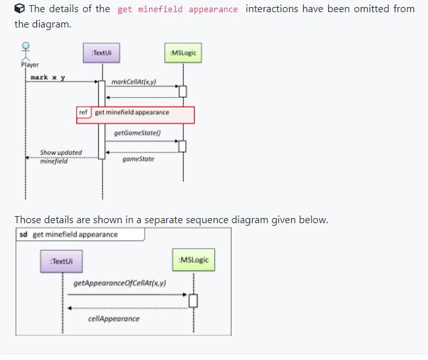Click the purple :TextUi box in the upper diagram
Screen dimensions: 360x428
pyautogui.click(x=102, y=52)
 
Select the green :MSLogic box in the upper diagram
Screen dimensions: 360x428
pyautogui.click(x=183, y=52)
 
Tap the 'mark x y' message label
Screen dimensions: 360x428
pyautogui.click(x=47, y=77)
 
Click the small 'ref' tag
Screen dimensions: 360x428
pyautogui.click(x=84, y=113)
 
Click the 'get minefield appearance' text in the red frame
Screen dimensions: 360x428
pyautogui.click(x=132, y=113)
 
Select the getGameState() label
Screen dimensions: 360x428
pyautogui.click(x=137, y=133)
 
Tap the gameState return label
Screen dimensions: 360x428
pyautogui.click(x=138, y=159)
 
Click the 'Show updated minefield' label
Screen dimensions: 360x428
pyautogui.click(x=61, y=156)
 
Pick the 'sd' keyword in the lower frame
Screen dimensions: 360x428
pyautogui.click(x=24, y=234)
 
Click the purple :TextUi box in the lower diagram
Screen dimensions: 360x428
pyautogui.click(x=61, y=261)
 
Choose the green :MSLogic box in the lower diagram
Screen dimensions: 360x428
pyautogui.click(x=194, y=260)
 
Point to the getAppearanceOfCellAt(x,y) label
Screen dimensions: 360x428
pyautogui.click(x=120, y=282)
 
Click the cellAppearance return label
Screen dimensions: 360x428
pyautogui.click(x=114, y=318)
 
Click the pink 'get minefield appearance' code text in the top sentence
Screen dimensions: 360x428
pyautogui.click(x=178, y=10)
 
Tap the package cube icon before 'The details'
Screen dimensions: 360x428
pyautogui.click(x=20, y=9)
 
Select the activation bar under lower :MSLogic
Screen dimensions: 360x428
pyautogui.click(x=193, y=300)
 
